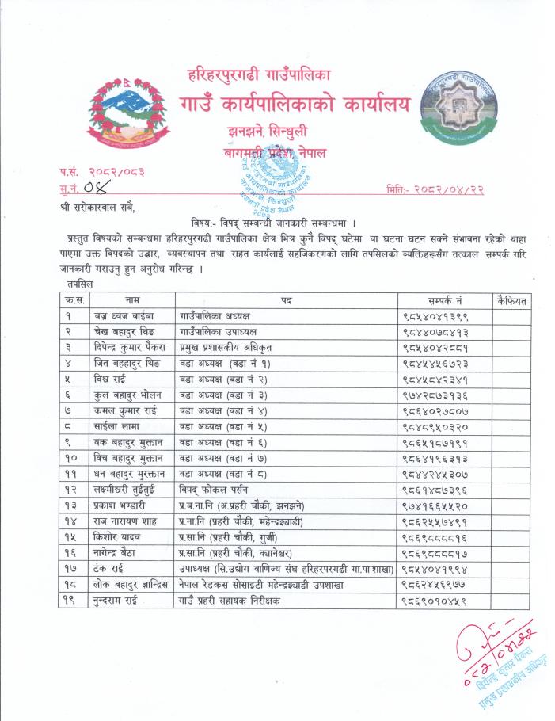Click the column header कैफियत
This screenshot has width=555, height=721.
point(510,300)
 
